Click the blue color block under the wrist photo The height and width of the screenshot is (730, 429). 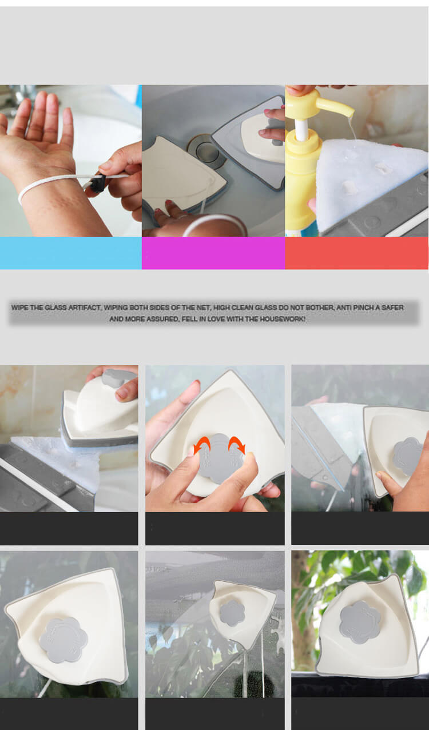coord(71,253)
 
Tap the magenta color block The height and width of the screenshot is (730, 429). coord(213,253)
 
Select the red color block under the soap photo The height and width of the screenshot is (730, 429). coord(356,253)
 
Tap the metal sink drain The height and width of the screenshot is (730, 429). coord(206,150)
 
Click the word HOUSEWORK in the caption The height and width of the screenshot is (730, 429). coord(283,319)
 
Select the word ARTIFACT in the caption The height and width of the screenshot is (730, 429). coord(84,308)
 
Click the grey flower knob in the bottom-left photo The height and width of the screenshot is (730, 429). coord(63,640)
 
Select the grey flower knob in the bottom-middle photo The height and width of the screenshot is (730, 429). coord(232,613)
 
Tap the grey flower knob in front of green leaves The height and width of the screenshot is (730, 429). coord(360,623)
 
